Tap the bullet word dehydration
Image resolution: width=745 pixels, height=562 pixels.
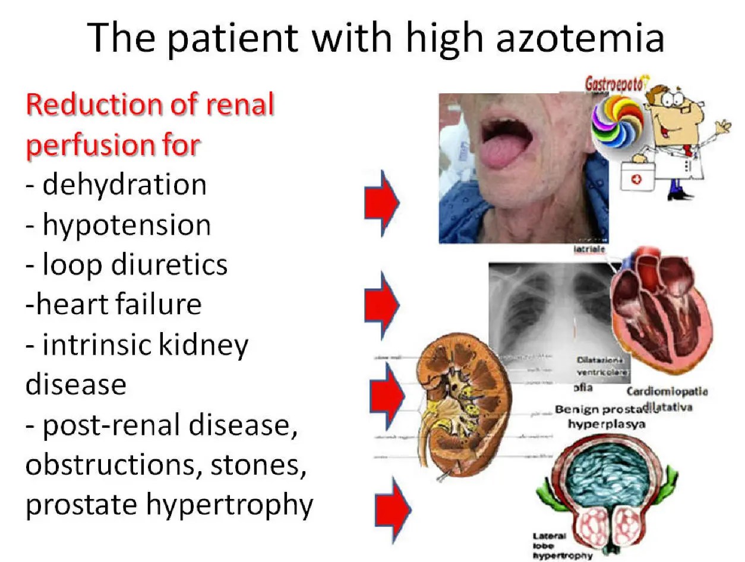click(124, 185)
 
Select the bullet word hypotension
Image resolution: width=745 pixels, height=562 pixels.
click(127, 225)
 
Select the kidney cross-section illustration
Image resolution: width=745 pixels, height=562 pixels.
click(452, 404)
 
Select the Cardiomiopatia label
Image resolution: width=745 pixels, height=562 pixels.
click(667, 392)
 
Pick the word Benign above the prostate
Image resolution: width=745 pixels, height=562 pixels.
click(577, 410)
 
